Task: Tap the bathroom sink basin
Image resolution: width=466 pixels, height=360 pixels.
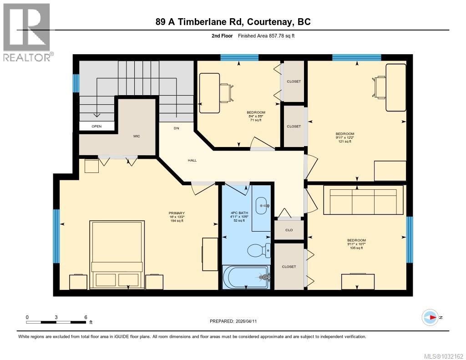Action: click(x=262, y=206)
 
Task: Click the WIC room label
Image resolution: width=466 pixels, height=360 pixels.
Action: click(x=137, y=136)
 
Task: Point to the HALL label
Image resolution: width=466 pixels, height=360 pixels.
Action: click(x=192, y=160)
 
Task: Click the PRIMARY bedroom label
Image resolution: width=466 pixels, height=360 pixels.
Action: click(x=176, y=213)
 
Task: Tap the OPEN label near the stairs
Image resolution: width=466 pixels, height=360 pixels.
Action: click(x=96, y=126)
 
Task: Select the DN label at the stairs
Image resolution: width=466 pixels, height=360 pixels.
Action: click(x=177, y=128)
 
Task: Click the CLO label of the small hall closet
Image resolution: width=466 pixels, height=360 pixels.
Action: click(x=289, y=230)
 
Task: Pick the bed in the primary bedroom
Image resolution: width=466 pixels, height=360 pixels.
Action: click(x=118, y=254)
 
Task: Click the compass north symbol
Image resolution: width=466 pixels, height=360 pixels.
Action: click(x=430, y=317)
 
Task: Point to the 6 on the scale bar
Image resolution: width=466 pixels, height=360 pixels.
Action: click(x=86, y=317)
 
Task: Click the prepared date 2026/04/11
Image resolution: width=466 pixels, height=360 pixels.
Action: click(x=249, y=321)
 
